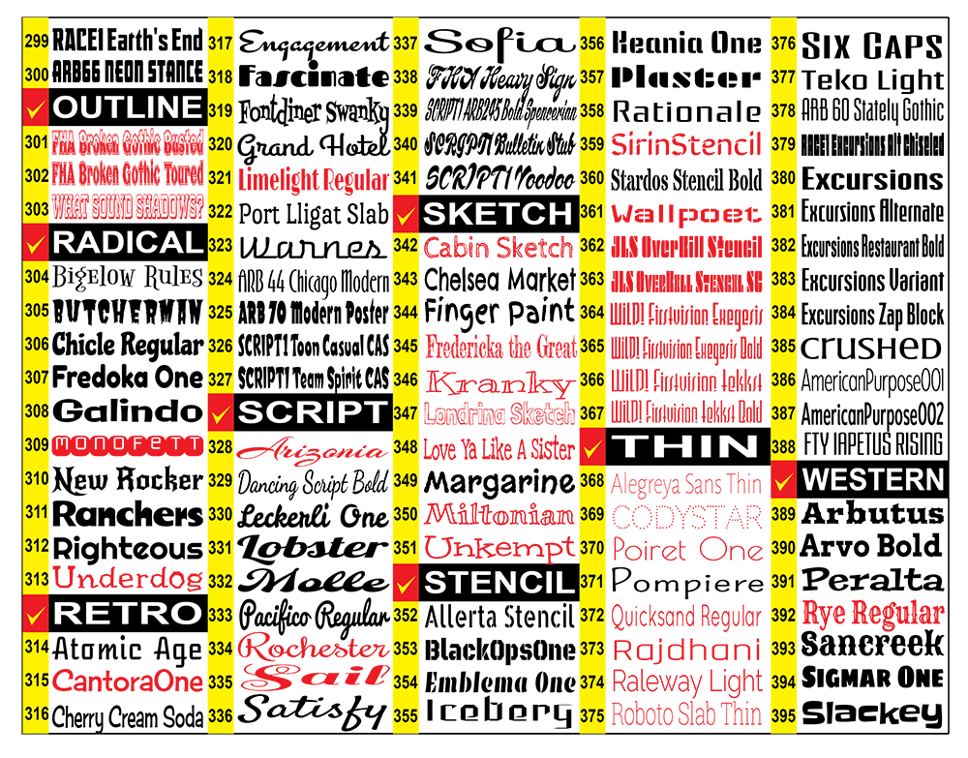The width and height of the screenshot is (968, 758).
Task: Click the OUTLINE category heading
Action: (127, 107)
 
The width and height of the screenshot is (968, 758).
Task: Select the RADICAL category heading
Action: (127, 242)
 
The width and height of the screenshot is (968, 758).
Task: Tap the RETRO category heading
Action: (127, 612)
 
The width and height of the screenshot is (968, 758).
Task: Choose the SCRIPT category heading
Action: (312, 412)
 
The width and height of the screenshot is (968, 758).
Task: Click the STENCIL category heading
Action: (499, 583)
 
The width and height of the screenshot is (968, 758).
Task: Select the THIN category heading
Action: (687, 446)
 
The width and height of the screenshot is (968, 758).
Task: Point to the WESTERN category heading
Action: (873, 479)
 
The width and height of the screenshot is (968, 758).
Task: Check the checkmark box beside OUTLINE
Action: (37, 108)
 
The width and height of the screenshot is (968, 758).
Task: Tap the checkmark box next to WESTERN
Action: (784, 479)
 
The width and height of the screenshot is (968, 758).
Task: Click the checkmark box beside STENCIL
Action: (406, 584)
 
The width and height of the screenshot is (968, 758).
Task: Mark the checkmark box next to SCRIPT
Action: (221, 413)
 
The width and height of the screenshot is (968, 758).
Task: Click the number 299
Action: (37, 42)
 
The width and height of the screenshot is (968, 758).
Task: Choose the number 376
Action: (784, 43)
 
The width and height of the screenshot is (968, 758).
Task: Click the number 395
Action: (784, 716)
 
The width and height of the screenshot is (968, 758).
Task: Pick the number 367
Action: (592, 413)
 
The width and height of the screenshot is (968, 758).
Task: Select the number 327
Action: (221, 379)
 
